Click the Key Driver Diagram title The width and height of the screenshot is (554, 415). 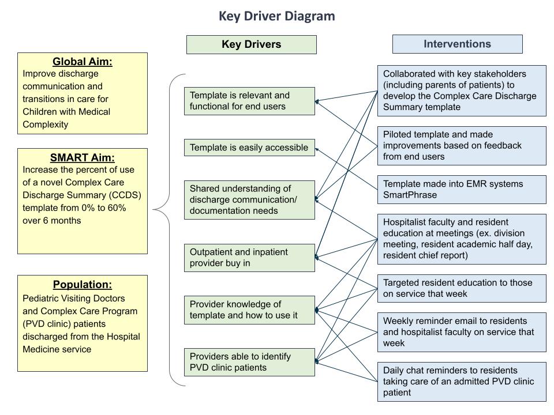click(276, 16)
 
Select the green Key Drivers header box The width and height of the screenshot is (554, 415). click(251, 44)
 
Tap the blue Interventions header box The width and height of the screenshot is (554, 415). click(457, 44)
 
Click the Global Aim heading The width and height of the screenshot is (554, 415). click(83, 62)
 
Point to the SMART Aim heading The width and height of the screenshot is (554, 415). click(83, 157)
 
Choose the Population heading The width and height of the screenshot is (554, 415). click(83, 284)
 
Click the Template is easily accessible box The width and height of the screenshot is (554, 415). click(249, 148)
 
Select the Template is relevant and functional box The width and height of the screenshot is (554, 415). click(249, 101)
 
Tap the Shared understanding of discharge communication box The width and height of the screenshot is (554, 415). click(249, 200)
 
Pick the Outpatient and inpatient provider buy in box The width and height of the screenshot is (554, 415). click(249, 258)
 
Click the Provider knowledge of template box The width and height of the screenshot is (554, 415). click(249, 310)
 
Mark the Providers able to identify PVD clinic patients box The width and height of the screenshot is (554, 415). click(249, 362)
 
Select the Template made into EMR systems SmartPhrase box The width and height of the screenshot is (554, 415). click(462, 190)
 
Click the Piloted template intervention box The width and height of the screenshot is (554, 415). click(462, 146)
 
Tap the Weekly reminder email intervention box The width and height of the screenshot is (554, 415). click(462, 332)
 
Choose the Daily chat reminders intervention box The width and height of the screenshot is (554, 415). click(462, 382)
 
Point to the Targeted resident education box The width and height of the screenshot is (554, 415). click(462, 288)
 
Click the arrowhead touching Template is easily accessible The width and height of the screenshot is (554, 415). click(317, 149)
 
